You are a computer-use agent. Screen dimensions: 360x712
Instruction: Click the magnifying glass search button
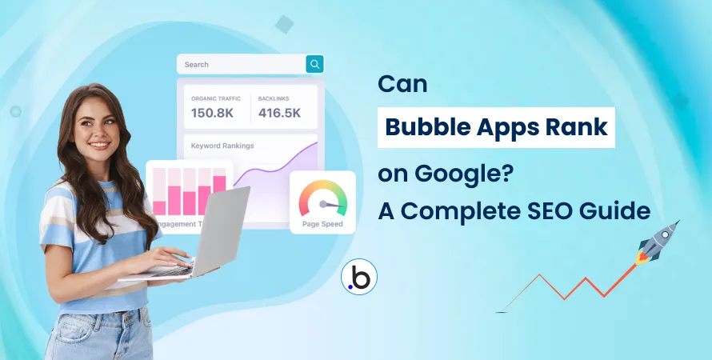pyautogui.click(x=315, y=64)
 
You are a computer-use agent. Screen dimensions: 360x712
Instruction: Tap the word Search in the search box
pyautogui.click(x=197, y=65)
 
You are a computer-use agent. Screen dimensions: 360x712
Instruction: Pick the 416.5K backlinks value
pyautogui.click(x=279, y=113)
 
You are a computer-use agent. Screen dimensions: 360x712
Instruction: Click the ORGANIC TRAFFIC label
pyautogui.click(x=214, y=98)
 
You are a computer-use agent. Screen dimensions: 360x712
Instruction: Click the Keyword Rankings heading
pyautogui.click(x=222, y=146)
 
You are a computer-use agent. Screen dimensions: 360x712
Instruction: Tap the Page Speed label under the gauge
pyautogui.click(x=322, y=224)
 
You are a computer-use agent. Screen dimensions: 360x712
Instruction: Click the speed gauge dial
pyautogui.click(x=322, y=199)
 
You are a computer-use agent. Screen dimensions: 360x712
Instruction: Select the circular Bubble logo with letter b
pyautogui.click(x=358, y=277)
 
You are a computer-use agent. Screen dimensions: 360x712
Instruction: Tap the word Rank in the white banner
pyautogui.click(x=577, y=127)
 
